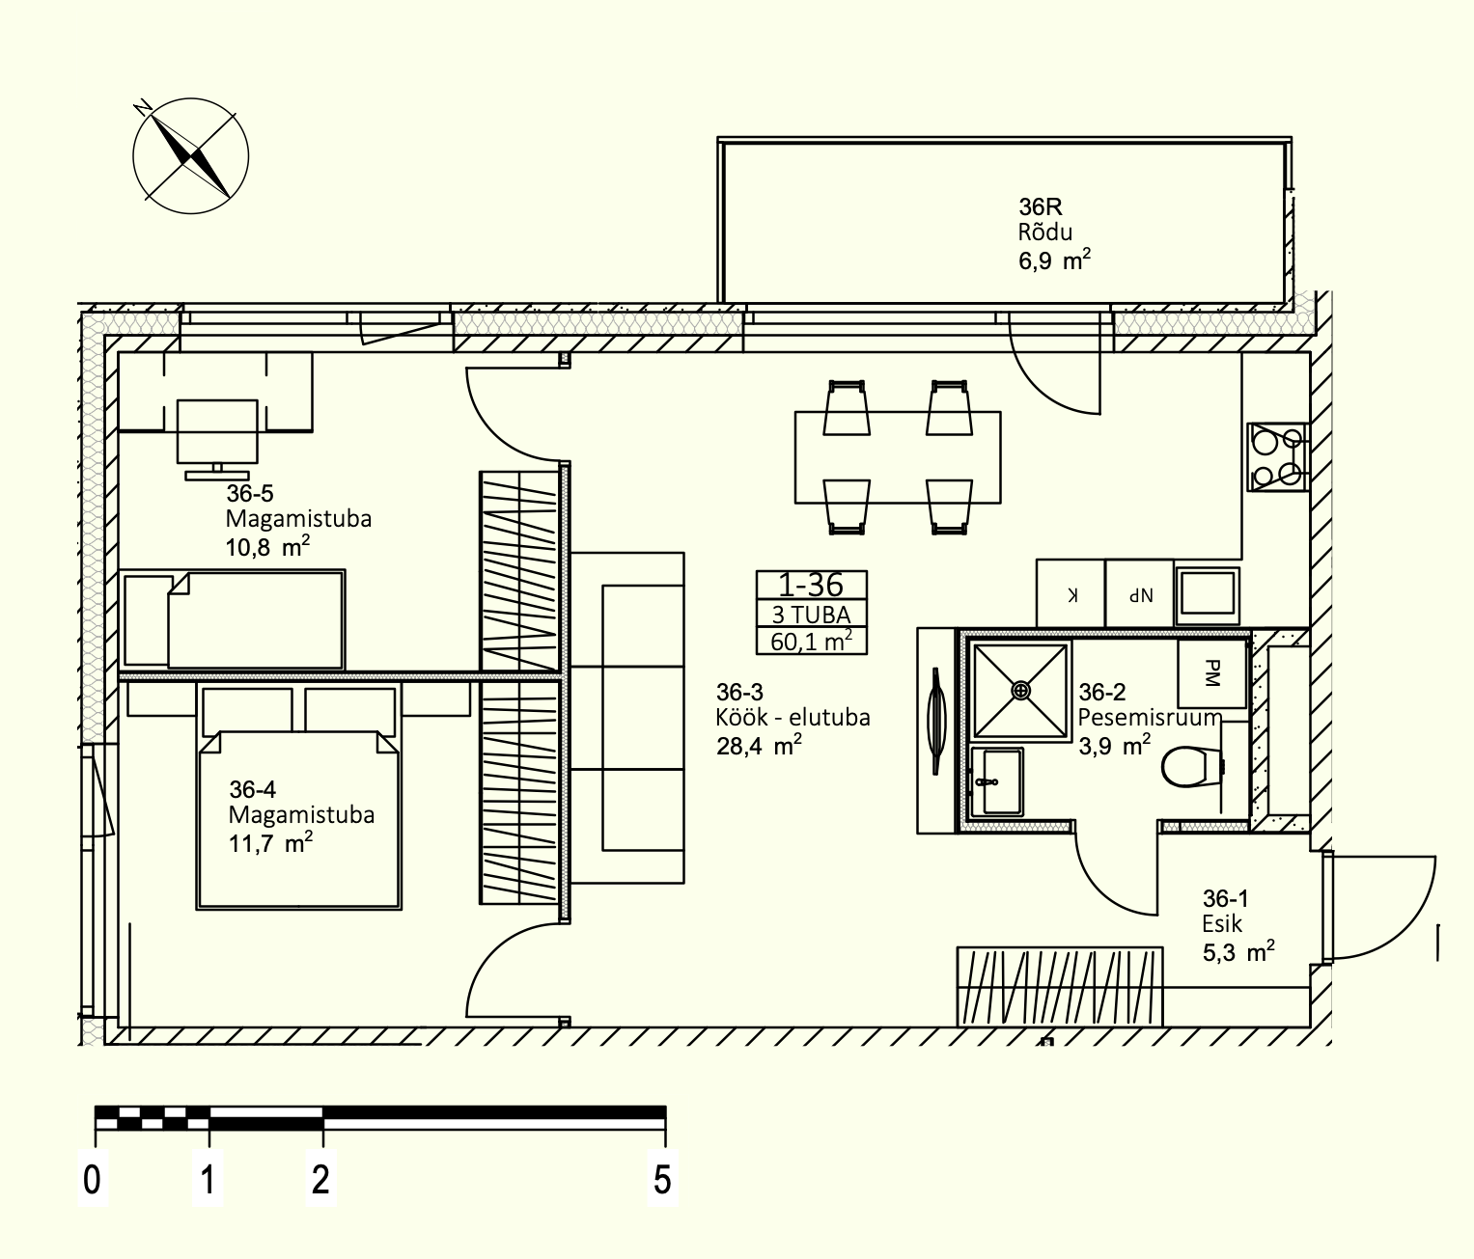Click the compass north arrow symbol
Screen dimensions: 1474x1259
(x=190, y=155)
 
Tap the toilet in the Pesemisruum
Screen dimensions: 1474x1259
(x=1191, y=767)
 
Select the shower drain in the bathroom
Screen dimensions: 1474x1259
(x=1021, y=690)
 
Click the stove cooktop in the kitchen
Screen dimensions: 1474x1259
(x=1276, y=457)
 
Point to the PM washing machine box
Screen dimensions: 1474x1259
(x=1211, y=673)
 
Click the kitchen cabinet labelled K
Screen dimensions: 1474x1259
(x=1071, y=593)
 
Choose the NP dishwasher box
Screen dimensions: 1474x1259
(x=1139, y=593)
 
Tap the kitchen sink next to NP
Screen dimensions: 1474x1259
(x=1207, y=594)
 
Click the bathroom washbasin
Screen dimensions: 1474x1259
(x=997, y=781)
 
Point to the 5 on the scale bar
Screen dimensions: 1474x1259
(x=662, y=1180)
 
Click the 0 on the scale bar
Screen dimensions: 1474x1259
(x=92, y=1180)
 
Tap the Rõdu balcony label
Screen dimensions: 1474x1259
(x=1044, y=233)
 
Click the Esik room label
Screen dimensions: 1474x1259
(x=1221, y=924)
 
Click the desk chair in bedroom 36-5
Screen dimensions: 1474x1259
(x=217, y=436)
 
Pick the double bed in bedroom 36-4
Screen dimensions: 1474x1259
(x=299, y=795)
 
